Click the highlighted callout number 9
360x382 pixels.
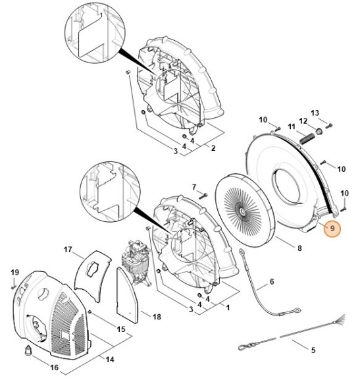point(332,229)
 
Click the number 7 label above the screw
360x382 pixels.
point(194,187)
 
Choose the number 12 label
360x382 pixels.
point(303,121)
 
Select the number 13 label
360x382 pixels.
point(315,113)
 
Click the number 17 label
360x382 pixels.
point(68,250)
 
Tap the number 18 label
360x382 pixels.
point(157,317)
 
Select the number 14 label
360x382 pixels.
point(110,360)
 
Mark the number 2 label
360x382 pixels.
point(213,148)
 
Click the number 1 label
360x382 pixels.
point(228,307)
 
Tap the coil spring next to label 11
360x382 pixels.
point(307,139)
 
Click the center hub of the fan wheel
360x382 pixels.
point(244,211)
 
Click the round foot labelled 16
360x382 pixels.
point(28,350)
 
